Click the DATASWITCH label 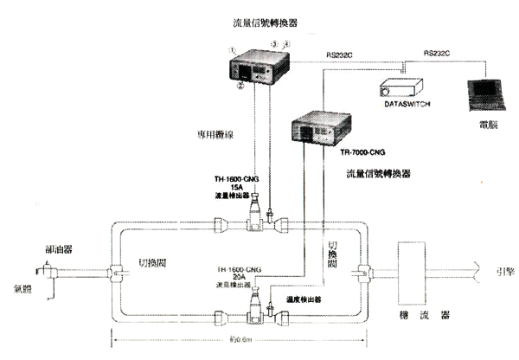(x=398, y=103)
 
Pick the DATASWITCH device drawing (x=399, y=85)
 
